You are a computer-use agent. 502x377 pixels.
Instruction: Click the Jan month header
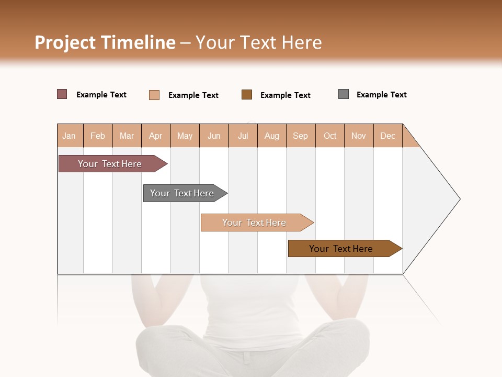(70, 136)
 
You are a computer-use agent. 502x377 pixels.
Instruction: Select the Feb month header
(98, 136)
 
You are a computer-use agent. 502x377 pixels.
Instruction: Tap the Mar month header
(127, 136)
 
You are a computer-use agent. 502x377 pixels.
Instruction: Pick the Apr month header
(156, 136)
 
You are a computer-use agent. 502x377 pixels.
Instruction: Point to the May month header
(185, 136)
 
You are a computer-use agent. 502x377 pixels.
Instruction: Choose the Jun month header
(214, 136)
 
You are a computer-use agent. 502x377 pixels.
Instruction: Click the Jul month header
(243, 136)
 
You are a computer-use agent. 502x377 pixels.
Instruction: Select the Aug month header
(272, 136)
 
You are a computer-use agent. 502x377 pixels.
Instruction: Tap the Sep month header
(301, 136)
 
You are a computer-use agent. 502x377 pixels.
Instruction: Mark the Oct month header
(330, 136)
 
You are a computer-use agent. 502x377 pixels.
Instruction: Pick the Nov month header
(359, 136)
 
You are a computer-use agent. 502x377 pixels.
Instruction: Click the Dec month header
(388, 136)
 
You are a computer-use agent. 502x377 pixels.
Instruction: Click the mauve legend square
(62, 94)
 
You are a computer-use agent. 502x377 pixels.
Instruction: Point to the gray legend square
(344, 94)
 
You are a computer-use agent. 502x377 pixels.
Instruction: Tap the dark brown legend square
(247, 94)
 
